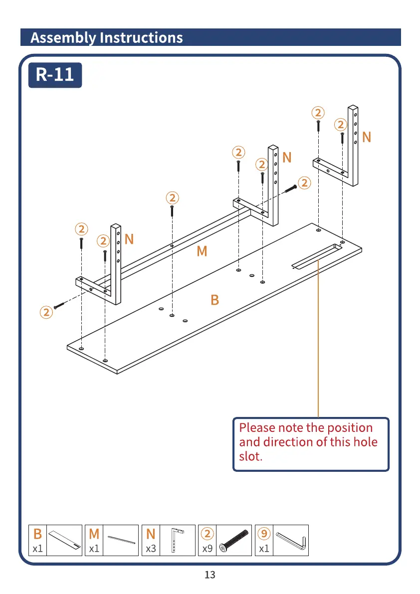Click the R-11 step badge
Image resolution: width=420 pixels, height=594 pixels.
pyautogui.click(x=55, y=75)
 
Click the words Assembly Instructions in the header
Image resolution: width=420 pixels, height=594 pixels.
pyautogui.click(x=107, y=38)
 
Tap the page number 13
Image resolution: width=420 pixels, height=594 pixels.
pyautogui.click(x=210, y=575)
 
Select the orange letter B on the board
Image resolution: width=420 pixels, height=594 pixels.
pyautogui.click(x=214, y=300)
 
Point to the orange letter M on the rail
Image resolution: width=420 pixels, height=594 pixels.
pyautogui.click(x=202, y=251)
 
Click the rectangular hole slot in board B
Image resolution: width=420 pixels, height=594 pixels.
pyautogui.click(x=316, y=256)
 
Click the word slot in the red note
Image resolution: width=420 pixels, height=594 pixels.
pyautogui.click(x=250, y=456)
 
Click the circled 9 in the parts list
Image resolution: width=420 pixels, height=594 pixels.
pyautogui.click(x=264, y=534)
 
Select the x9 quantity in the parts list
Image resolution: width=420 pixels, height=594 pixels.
pyautogui.click(x=207, y=549)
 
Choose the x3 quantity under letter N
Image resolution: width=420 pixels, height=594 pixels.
pyautogui.click(x=151, y=549)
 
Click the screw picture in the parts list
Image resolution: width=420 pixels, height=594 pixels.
pyautogui.click(x=234, y=540)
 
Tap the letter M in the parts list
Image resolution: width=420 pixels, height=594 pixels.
pyautogui.click(x=94, y=534)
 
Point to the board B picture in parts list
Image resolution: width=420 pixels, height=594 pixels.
pyautogui.click(x=65, y=540)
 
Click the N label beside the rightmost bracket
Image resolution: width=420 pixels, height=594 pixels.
pyautogui.click(x=367, y=137)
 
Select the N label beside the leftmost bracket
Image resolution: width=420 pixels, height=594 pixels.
pyautogui.click(x=129, y=239)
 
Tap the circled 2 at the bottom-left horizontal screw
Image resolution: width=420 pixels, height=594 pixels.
pyautogui.click(x=46, y=313)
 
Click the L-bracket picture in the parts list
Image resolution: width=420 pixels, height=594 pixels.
pyautogui.click(x=177, y=540)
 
